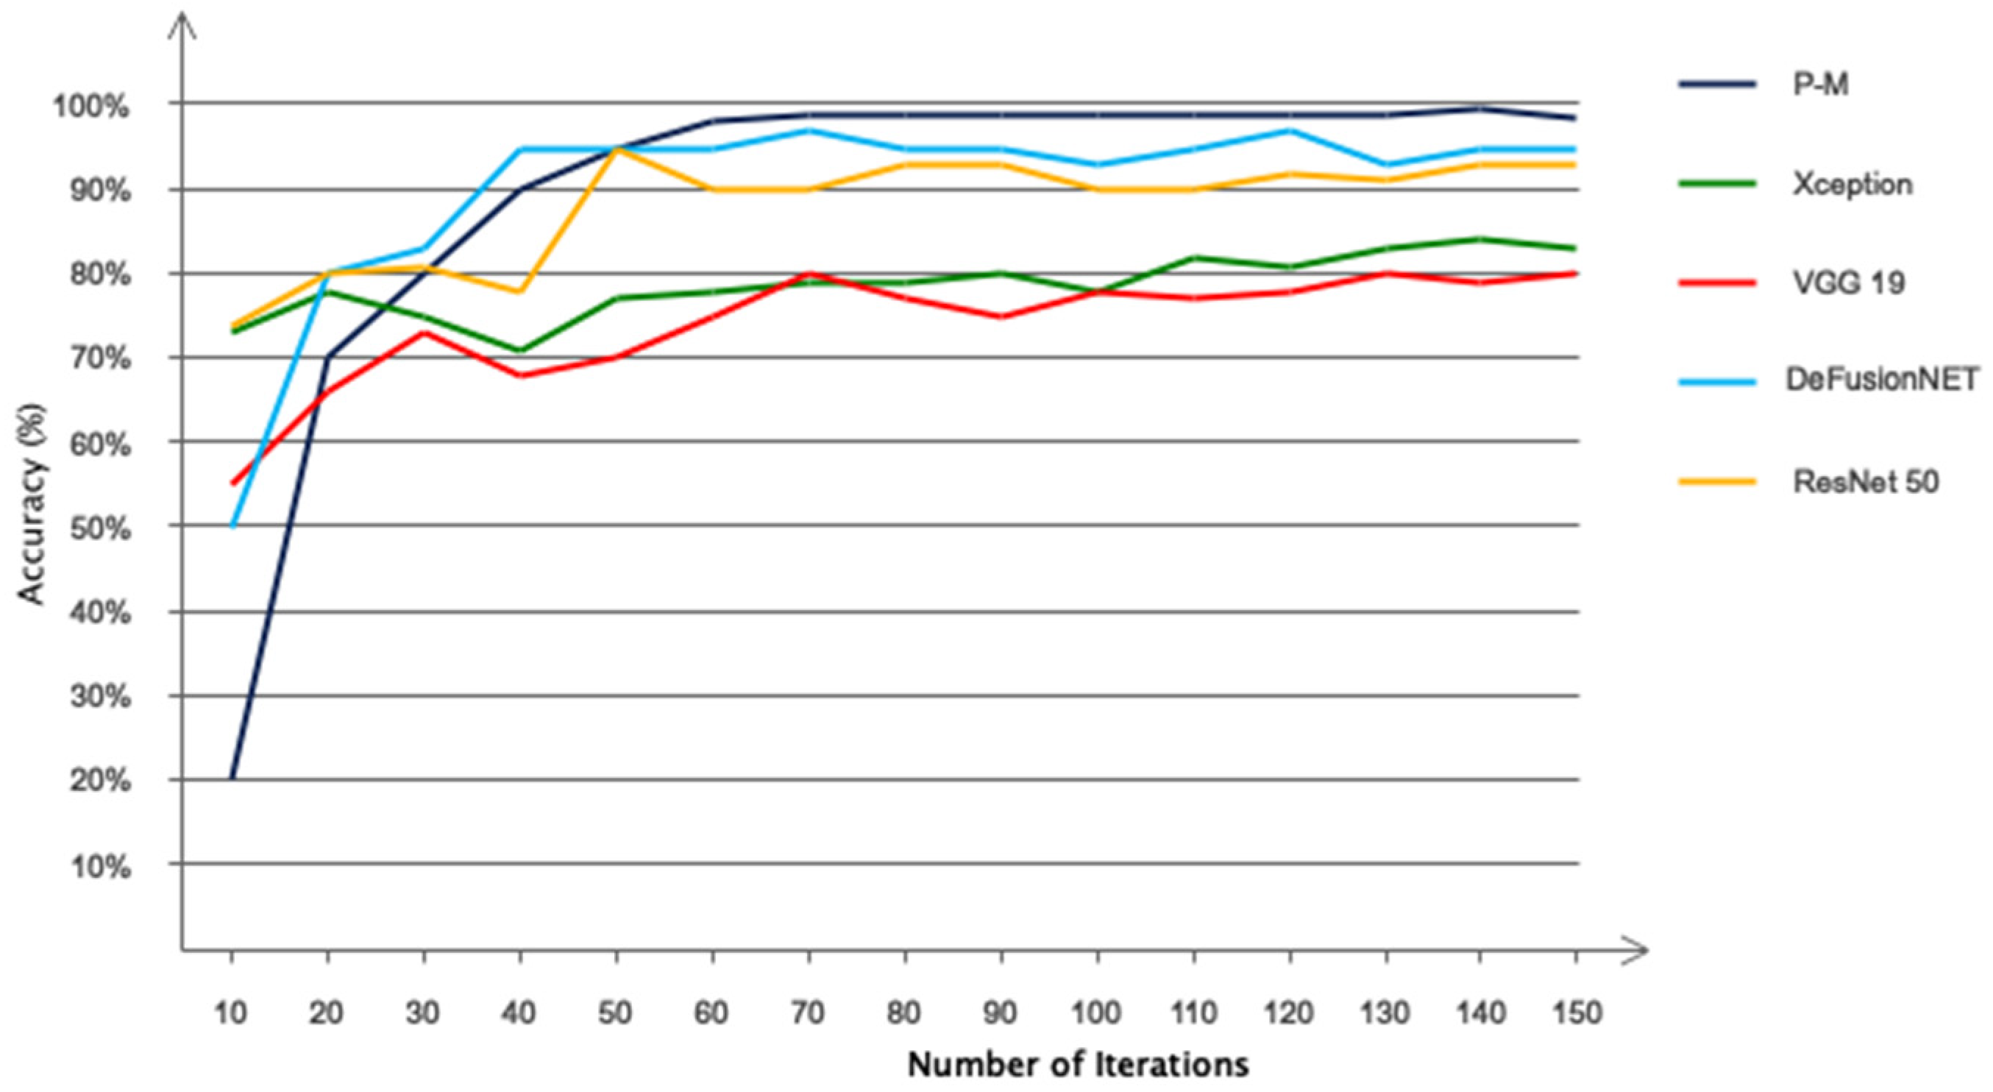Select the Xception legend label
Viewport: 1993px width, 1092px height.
point(1852,184)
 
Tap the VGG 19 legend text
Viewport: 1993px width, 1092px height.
point(1848,283)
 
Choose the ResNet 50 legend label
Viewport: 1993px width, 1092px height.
point(1865,482)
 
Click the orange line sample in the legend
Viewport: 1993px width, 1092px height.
point(1717,482)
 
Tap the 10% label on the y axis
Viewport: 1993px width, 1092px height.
point(101,866)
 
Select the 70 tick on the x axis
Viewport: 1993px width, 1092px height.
point(808,1013)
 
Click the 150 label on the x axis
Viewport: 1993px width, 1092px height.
point(1576,1013)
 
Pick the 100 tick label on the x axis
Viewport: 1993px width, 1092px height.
point(1097,1013)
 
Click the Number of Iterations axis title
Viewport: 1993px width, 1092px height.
point(1078,1064)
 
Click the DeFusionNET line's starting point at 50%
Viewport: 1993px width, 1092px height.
point(232,526)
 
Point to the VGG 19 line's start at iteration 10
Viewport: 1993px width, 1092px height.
point(232,483)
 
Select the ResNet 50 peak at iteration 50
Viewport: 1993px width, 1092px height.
point(617,149)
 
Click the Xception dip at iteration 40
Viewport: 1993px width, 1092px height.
point(520,350)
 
